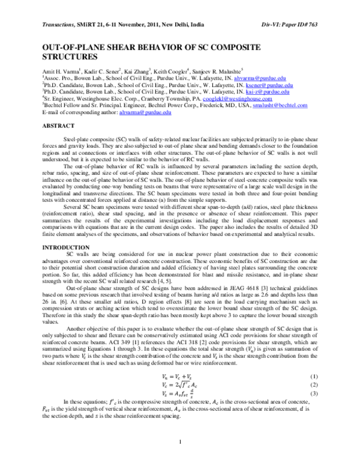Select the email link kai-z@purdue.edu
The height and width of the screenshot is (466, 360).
(x=270, y=92)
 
